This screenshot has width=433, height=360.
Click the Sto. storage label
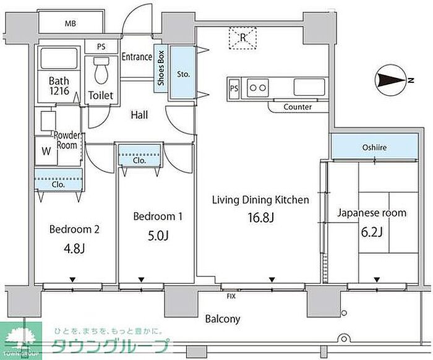pyautogui.click(x=184, y=74)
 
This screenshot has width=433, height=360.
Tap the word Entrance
pyautogui.click(x=136, y=57)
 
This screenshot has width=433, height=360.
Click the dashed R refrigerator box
pyautogui.click(x=243, y=38)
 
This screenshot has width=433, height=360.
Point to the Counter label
pyautogui.click(x=298, y=107)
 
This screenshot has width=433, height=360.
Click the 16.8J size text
pyautogui.click(x=260, y=217)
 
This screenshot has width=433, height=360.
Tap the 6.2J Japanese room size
pyautogui.click(x=372, y=232)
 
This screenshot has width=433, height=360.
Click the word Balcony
pyautogui.click(x=223, y=320)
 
